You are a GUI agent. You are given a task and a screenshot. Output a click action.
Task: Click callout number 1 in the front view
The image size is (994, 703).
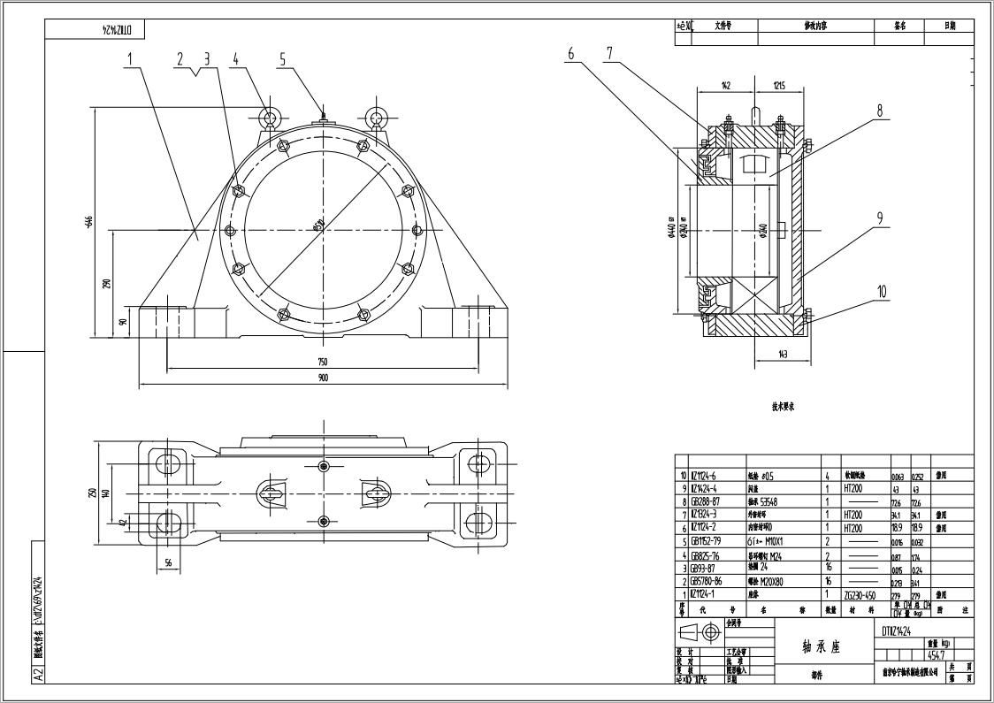point(129,59)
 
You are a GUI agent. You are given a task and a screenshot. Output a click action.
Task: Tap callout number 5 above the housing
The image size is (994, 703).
point(283,59)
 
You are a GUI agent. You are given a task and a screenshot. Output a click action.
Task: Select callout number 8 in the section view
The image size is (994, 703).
point(880,111)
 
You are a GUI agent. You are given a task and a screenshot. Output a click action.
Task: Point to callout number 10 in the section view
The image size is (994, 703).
point(881,290)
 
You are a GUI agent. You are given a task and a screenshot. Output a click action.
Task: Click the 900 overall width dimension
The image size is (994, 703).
point(323,378)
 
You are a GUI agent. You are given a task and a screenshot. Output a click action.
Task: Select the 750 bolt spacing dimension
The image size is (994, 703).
point(323,362)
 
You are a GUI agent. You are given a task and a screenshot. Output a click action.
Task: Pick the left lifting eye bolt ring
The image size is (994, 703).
point(271,117)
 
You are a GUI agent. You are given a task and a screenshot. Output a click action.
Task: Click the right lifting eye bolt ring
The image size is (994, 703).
point(378,117)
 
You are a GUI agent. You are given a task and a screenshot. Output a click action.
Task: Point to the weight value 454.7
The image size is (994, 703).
point(937,654)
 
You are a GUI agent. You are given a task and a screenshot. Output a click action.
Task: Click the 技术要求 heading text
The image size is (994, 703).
point(784,407)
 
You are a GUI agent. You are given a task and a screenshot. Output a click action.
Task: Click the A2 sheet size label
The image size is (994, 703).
point(38,674)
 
